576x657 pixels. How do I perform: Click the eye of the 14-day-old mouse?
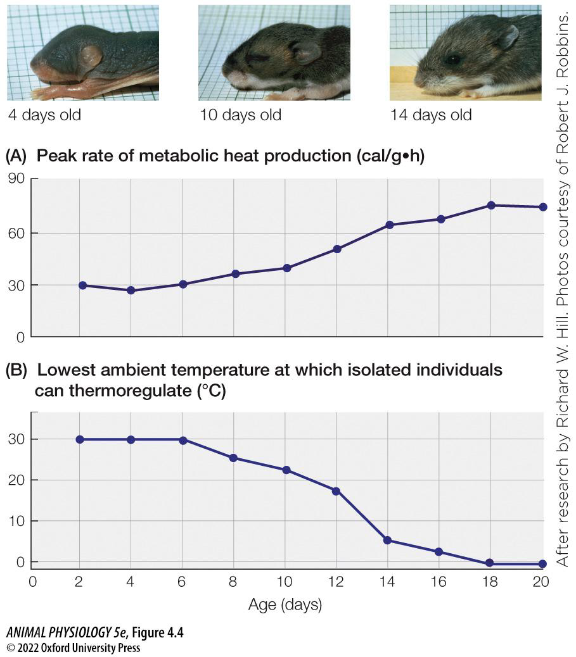453,59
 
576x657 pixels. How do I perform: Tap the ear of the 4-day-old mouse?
89,58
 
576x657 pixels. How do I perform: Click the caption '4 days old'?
44,115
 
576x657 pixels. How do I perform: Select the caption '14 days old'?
431,115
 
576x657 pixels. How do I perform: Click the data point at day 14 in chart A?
389,225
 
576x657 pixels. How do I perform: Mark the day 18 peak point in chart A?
491,205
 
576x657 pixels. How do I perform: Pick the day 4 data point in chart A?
131,291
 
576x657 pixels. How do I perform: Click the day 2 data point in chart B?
80,439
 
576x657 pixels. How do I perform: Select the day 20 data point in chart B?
542,563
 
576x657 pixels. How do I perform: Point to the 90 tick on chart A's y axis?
15,179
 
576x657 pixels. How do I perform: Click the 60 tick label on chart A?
15,233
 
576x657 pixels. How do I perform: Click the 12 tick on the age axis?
336,582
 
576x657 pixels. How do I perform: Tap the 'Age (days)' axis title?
285,605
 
